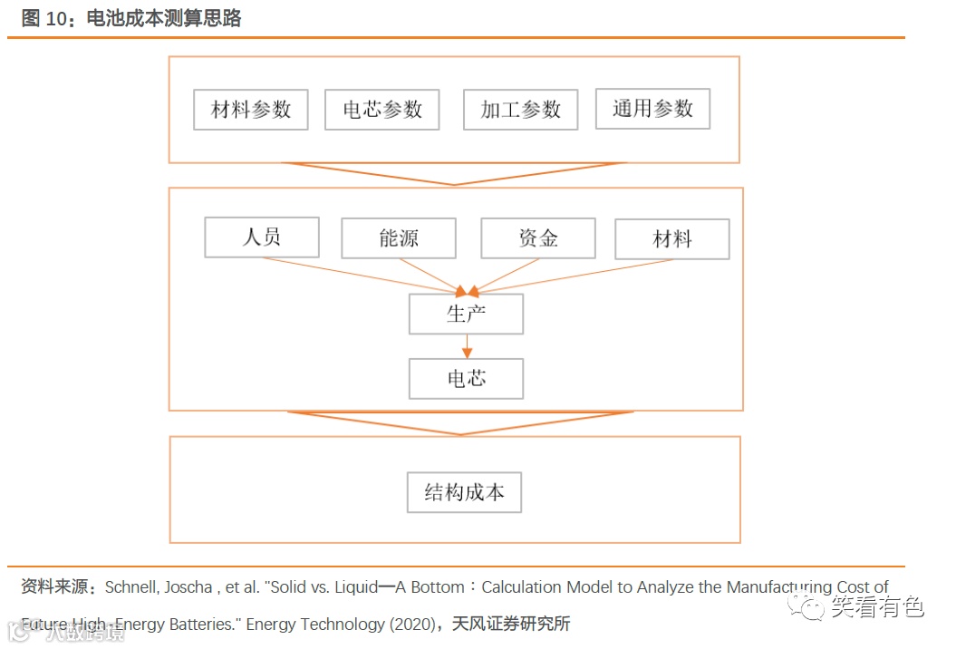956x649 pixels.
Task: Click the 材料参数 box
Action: point(251,110)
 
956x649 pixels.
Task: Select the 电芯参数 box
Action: point(381,110)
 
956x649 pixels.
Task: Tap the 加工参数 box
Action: point(520,110)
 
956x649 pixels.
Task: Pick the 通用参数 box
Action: point(652,109)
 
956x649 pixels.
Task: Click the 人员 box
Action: point(262,237)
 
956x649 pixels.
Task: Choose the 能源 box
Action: point(399,238)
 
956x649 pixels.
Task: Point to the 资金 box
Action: point(537,238)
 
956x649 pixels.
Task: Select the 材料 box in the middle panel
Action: point(671,239)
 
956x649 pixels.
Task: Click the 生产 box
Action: point(466,314)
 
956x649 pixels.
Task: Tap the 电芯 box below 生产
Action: point(466,378)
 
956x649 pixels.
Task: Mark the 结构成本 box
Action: point(464,493)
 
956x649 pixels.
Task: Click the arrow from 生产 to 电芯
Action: point(467,345)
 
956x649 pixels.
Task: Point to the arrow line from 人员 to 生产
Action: point(362,276)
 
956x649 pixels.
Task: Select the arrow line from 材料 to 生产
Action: point(571,276)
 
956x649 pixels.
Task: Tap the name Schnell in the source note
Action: point(134,587)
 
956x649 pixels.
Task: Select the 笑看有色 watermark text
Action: point(877,606)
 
